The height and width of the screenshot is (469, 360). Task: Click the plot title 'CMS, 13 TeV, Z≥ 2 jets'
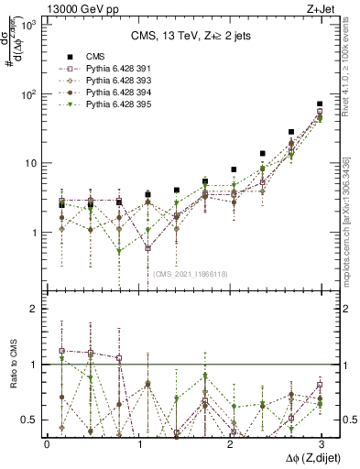[x=183, y=36]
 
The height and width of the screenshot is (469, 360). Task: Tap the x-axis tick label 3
[x=320, y=443]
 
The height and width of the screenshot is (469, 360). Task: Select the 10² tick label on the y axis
[x=29, y=94]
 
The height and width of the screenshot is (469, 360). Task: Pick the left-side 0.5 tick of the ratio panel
[x=33, y=420]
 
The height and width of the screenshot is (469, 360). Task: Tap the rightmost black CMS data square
[x=319, y=104]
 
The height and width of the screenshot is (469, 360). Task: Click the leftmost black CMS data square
[x=61, y=204]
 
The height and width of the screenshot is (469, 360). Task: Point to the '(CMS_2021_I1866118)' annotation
[x=191, y=274]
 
